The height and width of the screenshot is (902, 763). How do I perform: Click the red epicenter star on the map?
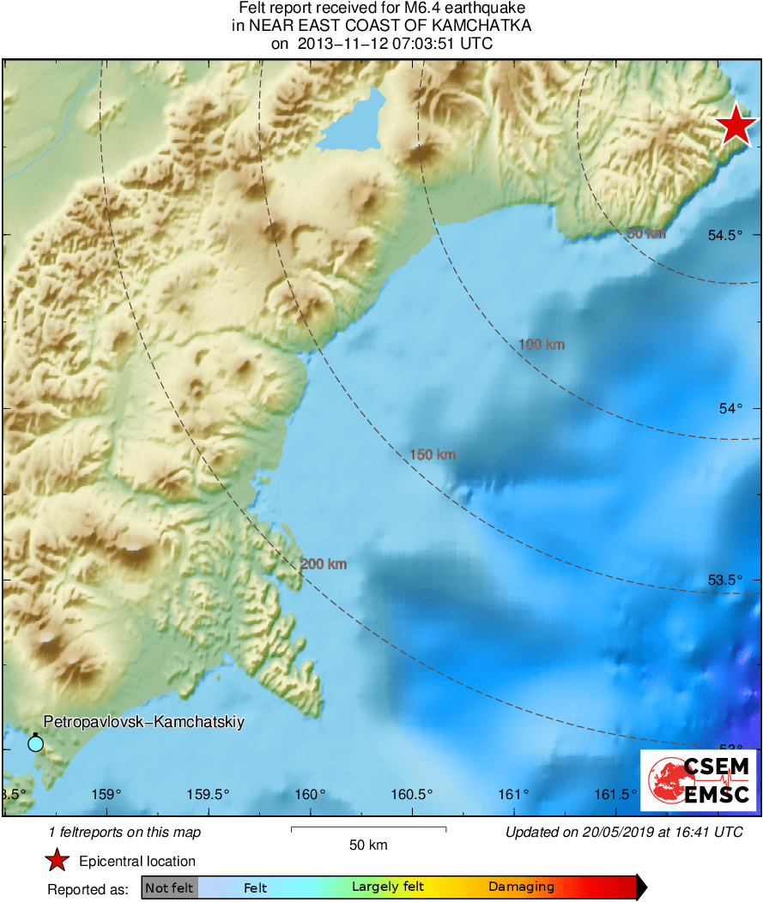[736, 127]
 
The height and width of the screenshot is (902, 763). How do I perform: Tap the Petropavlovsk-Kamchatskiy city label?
[143, 722]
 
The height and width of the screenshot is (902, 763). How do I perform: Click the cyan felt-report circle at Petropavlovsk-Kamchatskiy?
[35, 743]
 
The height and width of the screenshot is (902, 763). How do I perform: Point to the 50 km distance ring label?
[646, 233]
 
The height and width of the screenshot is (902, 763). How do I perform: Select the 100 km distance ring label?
[542, 345]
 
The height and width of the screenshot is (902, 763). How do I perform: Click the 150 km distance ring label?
[433, 454]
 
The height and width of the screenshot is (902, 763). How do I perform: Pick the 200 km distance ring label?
[324, 564]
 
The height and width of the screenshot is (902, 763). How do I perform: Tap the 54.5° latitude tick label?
[724, 235]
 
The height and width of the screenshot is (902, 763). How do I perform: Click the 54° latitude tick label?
[730, 408]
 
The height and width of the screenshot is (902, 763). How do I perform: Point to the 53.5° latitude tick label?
[724, 580]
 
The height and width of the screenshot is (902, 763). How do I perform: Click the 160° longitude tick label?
[311, 794]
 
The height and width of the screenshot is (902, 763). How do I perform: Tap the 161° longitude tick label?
[514, 794]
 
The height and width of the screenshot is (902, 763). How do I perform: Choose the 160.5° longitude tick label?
[413, 794]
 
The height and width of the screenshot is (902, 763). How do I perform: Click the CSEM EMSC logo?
[699, 780]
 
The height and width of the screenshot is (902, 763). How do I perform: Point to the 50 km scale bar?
[368, 829]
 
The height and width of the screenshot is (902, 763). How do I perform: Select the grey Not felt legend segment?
[170, 887]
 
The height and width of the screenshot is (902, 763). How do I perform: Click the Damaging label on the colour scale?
[521, 887]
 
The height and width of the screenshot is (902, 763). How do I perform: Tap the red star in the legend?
[57, 861]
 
